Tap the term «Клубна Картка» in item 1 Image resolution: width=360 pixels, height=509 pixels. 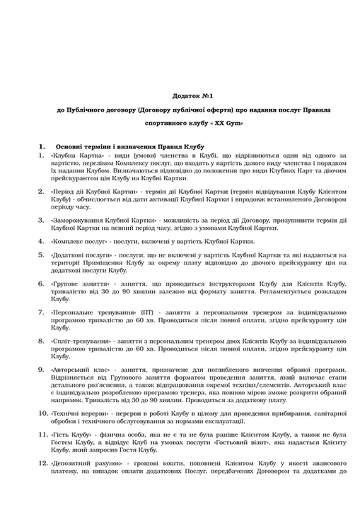point(75,154)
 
